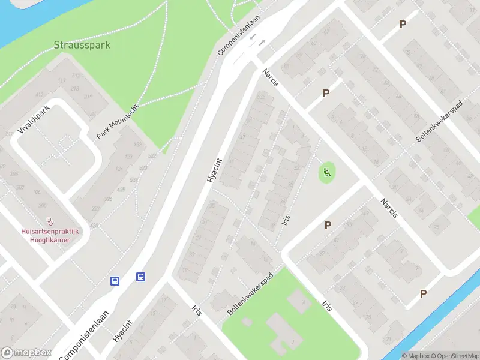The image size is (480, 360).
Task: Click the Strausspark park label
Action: (82, 45)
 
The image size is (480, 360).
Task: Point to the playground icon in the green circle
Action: (327, 174)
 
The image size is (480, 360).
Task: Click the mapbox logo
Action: (25, 353)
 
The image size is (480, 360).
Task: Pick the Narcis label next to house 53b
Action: (270, 78)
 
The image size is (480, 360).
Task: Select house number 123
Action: (128, 157)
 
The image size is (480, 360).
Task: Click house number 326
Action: (107, 199)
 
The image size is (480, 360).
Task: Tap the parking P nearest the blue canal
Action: (424, 293)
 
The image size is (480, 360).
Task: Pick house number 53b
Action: (260, 97)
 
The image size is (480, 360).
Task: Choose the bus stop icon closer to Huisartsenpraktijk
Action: (115, 280)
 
